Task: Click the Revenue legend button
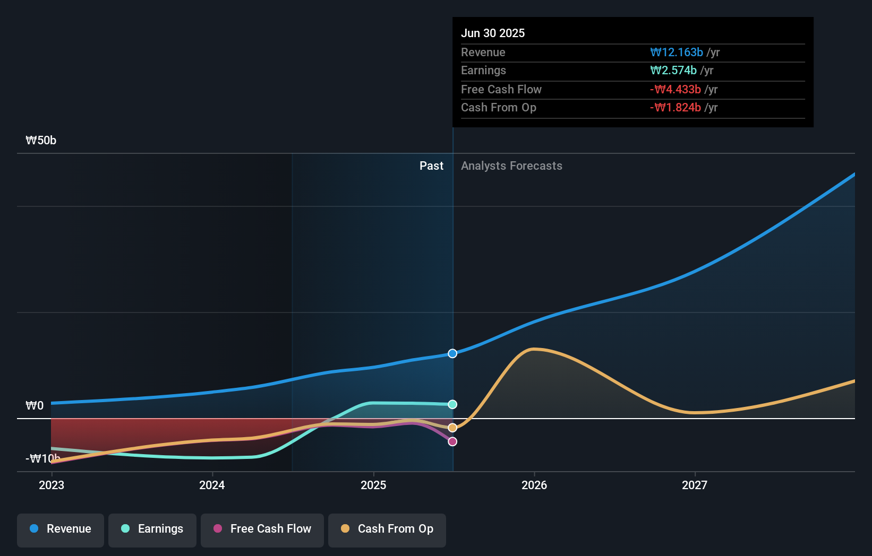(x=61, y=529)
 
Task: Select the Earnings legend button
(x=152, y=529)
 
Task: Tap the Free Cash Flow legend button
(x=262, y=529)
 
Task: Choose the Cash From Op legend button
(x=387, y=529)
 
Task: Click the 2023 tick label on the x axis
(x=52, y=485)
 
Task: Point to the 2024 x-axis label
(x=212, y=485)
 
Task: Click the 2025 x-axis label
(x=373, y=485)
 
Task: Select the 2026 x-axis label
(x=534, y=485)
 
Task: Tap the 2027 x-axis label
(x=695, y=485)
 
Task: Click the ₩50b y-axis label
(x=41, y=140)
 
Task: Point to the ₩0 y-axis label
(x=35, y=405)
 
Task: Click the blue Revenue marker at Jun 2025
(x=452, y=353)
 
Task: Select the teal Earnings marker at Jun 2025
(x=452, y=404)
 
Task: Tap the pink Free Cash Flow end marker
(x=452, y=441)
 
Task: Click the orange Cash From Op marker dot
(x=452, y=428)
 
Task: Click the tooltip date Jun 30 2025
(x=493, y=33)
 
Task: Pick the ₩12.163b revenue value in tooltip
(x=677, y=52)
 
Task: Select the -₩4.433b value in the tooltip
(x=676, y=89)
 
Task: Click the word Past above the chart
(x=431, y=166)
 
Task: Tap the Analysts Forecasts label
(x=511, y=166)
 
